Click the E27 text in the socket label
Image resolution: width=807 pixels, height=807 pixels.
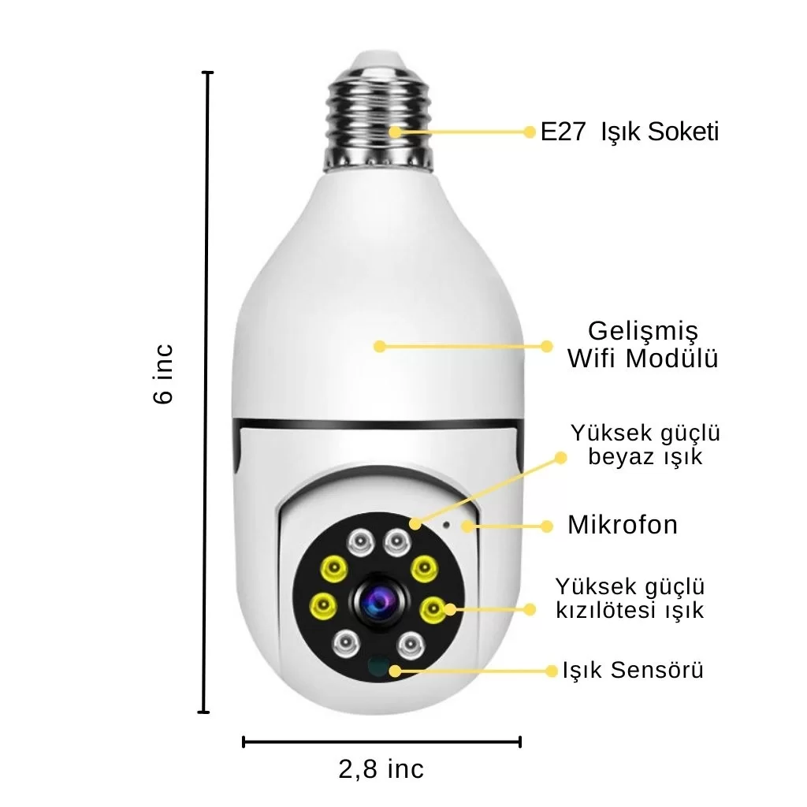tap(563, 132)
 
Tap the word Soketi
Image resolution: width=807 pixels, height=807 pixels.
tap(682, 132)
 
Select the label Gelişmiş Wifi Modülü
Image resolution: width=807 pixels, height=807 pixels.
tap(643, 344)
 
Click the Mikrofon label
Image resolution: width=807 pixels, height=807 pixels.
tap(623, 525)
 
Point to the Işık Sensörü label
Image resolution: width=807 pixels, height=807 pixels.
tap(633, 670)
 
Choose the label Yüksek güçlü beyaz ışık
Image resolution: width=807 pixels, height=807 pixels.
tap(645, 444)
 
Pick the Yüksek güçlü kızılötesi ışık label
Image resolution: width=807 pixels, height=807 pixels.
tap(630, 598)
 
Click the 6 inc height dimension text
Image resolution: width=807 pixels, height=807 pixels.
tap(164, 374)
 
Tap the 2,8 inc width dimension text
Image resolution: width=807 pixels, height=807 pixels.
tap(381, 769)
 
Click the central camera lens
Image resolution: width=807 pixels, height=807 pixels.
tap(379, 600)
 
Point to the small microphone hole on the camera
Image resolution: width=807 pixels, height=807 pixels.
tap(446, 525)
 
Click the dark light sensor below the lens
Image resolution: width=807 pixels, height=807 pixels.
tap(379, 665)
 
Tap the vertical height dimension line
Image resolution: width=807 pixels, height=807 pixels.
tap(207, 392)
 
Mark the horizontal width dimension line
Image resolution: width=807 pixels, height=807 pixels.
tap(381, 742)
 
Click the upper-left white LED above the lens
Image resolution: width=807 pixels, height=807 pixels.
tap(361, 542)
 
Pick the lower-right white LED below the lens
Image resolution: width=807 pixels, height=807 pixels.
tap(411, 643)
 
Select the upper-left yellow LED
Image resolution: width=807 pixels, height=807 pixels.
tap(333, 569)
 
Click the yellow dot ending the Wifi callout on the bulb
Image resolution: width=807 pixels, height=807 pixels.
tap(380, 347)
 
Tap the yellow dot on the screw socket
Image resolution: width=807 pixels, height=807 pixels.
tap(396, 132)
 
